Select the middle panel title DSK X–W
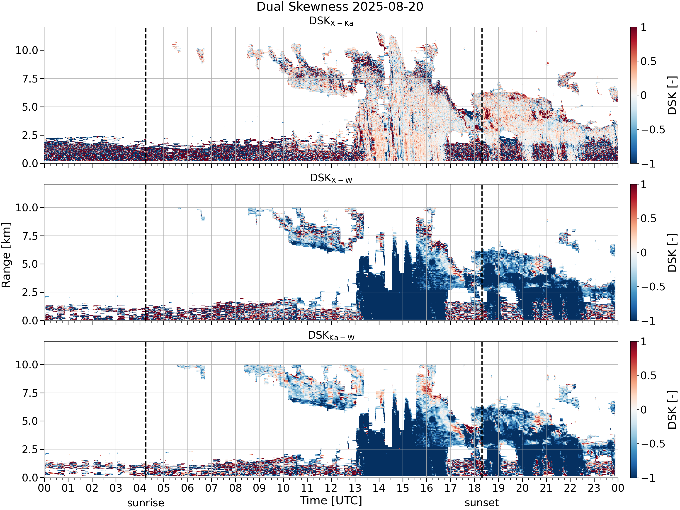331,178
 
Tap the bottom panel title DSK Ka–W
331,335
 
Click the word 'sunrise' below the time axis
146,503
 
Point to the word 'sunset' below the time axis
482,503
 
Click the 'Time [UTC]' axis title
331,501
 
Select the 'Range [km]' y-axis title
6,255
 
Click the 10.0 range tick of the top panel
27,50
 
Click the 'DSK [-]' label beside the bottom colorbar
672,410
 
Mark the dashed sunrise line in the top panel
146,95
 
